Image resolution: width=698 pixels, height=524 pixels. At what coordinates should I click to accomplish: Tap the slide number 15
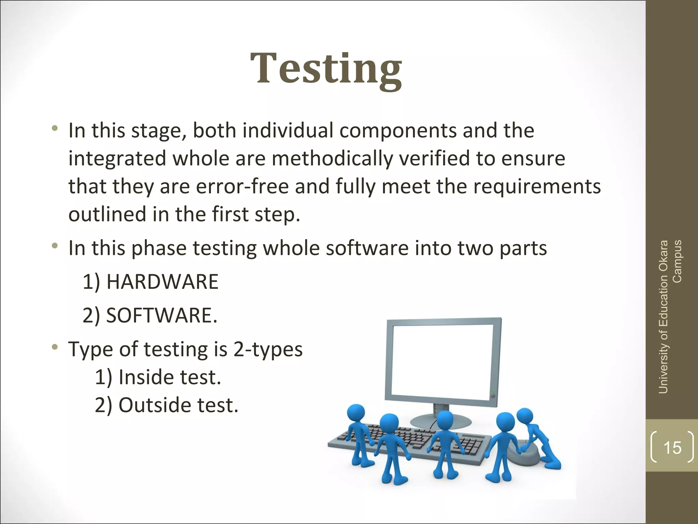[672, 448]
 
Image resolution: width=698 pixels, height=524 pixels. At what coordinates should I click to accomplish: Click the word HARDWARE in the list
[162, 282]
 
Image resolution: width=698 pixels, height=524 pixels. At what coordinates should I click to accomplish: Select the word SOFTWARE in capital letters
[160, 315]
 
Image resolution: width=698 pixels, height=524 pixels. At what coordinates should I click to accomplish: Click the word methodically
[332, 159]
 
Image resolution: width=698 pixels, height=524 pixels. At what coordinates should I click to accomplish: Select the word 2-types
[268, 349]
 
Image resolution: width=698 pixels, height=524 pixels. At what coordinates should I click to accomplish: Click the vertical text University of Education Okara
[663, 317]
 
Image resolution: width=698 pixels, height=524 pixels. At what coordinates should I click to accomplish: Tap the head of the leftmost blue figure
[356, 414]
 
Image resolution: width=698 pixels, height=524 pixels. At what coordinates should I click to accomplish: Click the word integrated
[117, 159]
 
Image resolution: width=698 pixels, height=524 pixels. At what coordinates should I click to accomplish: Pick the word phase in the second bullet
[159, 248]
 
